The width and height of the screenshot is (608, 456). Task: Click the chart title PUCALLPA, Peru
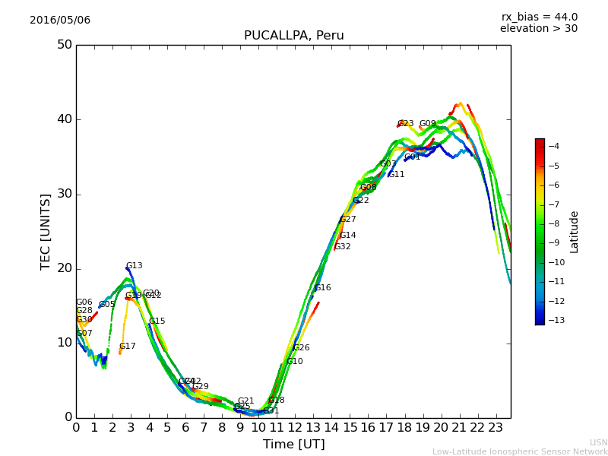(293, 36)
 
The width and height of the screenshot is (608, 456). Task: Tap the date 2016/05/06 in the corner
(60, 21)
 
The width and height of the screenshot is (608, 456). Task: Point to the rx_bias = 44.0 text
(539, 17)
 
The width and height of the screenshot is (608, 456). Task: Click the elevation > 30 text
(538, 29)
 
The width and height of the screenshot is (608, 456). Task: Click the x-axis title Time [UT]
(293, 445)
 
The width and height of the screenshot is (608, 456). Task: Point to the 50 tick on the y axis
(65, 45)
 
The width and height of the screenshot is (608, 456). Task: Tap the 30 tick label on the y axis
(65, 194)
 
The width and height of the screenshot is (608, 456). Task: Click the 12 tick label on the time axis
(295, 428)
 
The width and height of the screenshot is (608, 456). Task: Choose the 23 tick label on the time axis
(496, 428)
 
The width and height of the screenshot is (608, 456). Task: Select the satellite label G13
(134, 266)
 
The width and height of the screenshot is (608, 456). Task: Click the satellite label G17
(127, 347)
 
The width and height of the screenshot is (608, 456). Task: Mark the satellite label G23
(406, 123)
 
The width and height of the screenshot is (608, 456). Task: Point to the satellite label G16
(323, 288)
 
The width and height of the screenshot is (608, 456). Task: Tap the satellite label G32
(343, 247)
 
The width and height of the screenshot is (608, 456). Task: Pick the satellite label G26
(302, 348)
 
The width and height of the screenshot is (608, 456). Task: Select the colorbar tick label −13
(556, 320)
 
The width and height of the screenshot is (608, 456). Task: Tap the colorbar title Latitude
(575, 232)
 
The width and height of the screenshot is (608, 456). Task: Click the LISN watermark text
(598, 442)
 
